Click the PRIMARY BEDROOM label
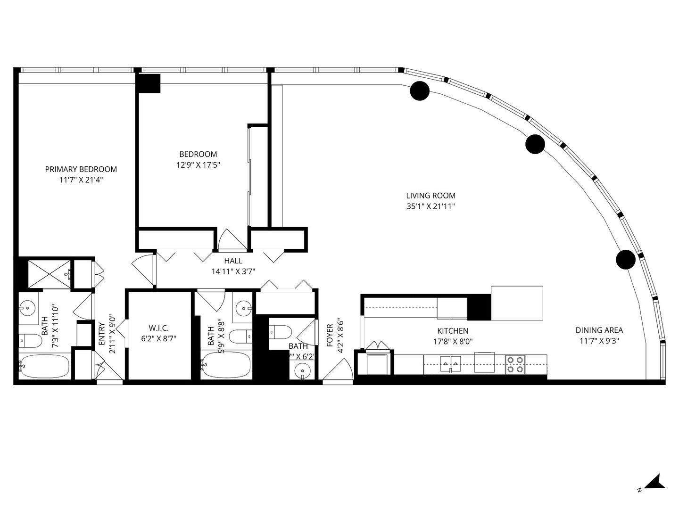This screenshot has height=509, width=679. coord(81,169)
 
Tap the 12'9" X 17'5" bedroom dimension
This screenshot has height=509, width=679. coord(198,165)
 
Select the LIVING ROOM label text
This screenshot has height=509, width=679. coord(431,196)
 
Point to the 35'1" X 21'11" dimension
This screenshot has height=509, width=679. coord(431,206)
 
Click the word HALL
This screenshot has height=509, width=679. coord(233,261)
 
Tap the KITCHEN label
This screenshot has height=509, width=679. coord(453,331)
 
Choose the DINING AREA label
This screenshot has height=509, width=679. coord(599,330)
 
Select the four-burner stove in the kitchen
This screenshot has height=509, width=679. coord(515,364)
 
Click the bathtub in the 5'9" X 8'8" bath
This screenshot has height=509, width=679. coord(225,366)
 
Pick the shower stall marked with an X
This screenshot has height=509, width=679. coord(49,273)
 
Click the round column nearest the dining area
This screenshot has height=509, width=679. coord(626,259)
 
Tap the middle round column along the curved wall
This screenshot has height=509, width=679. coord(535,144)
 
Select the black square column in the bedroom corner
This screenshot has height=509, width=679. coord(149,83)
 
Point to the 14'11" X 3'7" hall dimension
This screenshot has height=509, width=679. coord(233,271)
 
